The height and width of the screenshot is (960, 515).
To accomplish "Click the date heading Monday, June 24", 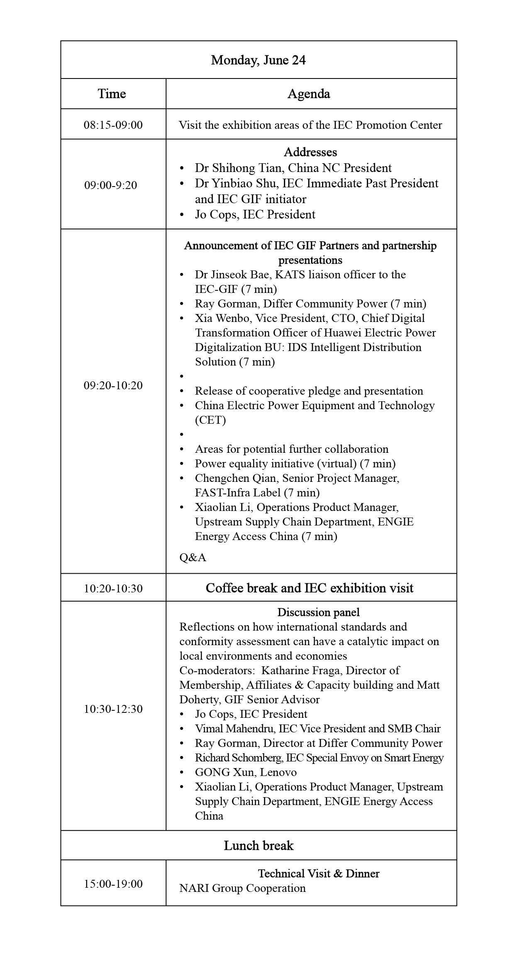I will (x=258, y=60).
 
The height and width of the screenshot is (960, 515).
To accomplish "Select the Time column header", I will (x=112, y=94).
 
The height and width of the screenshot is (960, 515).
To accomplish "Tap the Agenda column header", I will (x=309, y=94).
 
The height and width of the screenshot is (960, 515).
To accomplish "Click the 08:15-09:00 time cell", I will (x=113, y=125).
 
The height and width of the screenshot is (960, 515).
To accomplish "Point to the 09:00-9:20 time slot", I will (x=110, y=185).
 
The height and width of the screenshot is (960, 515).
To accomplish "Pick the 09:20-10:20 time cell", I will (x=113, y=385).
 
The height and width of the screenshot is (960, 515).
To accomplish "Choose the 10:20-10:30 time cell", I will (x=113, y=588).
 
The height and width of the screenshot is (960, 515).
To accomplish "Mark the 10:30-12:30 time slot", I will (x=113, y=709).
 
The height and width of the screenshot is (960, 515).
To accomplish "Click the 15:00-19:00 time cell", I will (x=113, y=884).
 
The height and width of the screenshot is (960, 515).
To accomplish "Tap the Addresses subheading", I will (x=310, y=152).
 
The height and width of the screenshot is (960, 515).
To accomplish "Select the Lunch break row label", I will (x=258, y=845).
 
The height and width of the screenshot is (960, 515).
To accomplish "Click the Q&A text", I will (x=193, y=557).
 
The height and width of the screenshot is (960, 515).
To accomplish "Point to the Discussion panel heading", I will (x=318, y=612).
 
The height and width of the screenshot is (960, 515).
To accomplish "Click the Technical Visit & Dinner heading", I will (x=318, y=873).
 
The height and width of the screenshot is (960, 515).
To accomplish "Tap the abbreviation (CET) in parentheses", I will (x=210, y=420).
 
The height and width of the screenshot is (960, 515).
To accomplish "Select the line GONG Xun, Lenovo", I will (x=246, y=772).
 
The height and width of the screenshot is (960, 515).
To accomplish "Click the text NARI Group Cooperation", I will (x=242, y=888).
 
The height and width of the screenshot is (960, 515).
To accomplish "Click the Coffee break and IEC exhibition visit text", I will (x=309, y=588).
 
